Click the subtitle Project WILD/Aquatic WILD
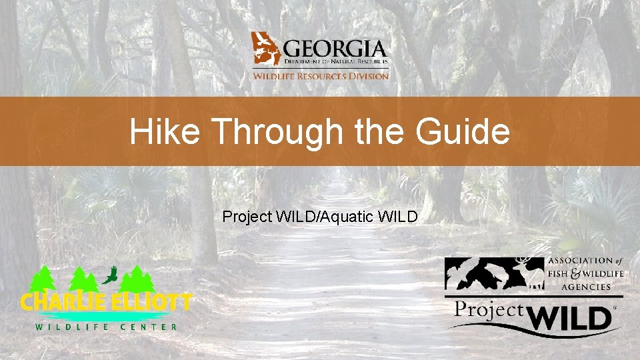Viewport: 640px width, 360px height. (320, 217)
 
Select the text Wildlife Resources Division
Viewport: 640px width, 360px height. (320, 76)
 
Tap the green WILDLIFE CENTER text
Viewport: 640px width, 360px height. (107, 327)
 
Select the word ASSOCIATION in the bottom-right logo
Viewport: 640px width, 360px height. (579, 261)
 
